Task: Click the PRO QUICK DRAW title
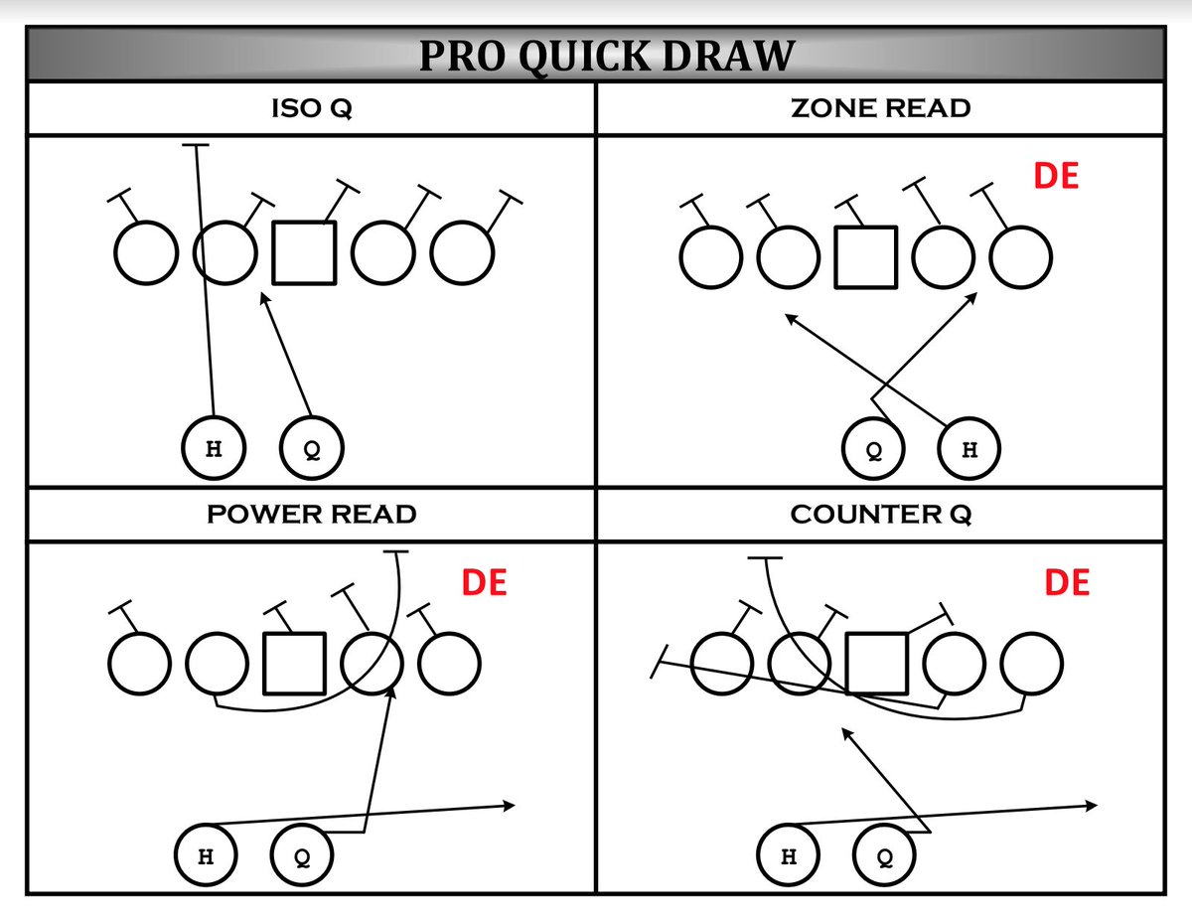click(x=606, y=57)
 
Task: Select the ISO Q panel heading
click(x=312, y=108)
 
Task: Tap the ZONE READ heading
click(x=880, y=108)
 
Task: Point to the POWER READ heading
click(x=312, y=514)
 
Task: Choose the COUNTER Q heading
click(x=880, y=514)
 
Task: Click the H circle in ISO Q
click(x=214, y=449)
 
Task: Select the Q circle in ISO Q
click(x=312, y=449)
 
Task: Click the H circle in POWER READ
click(x=206, y=855)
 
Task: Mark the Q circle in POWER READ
click(x=302, y=855)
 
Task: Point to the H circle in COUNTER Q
click(x=789, y=855)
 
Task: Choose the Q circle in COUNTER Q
click(x=884, y=855)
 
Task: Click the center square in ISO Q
click(x=304, y=253)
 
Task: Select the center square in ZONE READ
click(x=865, y=257)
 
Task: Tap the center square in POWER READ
click(x=294, y=664)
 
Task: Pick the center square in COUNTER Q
click(x=877, y=664)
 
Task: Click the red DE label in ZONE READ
click(x=1056, y=176)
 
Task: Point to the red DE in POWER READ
click(x=485, y=582)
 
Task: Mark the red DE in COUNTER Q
click(x=1067, y=582)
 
